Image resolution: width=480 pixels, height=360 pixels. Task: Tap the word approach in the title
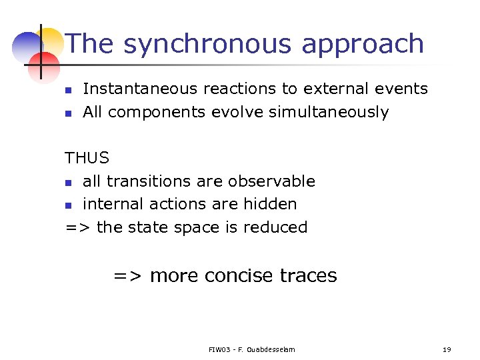click(x=363, y=44)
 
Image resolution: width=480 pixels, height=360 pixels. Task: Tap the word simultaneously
click(x=328, y=113)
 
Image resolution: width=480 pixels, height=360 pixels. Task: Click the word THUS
click(x=87, y=159)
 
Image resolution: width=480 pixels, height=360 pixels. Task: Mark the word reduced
click(x=275, y=227)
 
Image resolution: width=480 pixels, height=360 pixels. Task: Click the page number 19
click(x=447, y=349)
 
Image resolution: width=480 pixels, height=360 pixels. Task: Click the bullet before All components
click(x=68, y=113)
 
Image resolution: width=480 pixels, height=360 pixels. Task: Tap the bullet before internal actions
click(x=68, y=205)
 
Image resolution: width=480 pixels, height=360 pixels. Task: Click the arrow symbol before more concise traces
click(x=128, y=276)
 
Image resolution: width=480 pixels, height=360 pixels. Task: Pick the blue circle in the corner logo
click(x=27, y=45)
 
